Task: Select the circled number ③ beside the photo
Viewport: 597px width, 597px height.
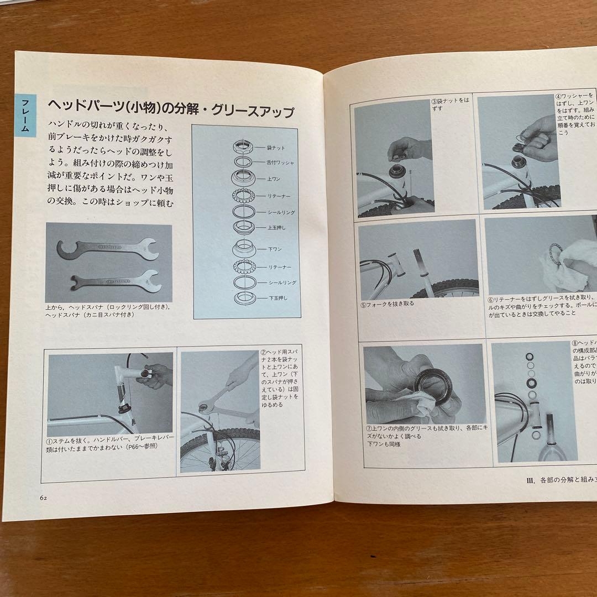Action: [x=434, y=101]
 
